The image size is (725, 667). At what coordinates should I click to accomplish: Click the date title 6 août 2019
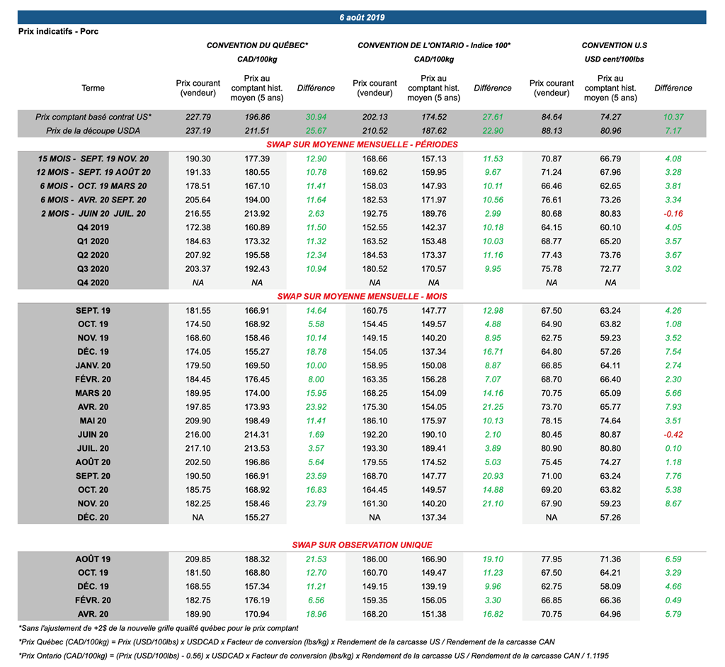(x=362, y=17)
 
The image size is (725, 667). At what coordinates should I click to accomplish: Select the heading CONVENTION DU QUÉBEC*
(x=257, y=45)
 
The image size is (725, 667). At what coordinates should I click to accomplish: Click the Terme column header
(x=93, y=89)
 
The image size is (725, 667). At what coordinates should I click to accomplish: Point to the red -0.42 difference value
(x=673, y=435)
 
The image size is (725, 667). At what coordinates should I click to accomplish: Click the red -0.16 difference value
(x=673, y=214)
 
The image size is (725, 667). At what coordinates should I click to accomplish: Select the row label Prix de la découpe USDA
(x=93, y=131)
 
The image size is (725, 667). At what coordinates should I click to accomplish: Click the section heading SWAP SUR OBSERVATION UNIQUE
(x=362, y=545)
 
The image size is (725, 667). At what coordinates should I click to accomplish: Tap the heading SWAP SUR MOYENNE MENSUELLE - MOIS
(x=362, y=297)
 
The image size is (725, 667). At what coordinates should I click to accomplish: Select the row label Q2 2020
(x=93, y=255)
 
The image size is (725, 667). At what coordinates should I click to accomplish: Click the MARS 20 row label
(x=93, y=393)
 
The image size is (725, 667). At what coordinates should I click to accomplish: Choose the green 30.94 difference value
(x=316, y=117)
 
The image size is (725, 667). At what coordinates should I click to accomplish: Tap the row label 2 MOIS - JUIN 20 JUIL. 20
(x=93, y=214)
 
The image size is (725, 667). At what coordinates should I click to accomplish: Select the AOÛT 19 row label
(x=93, y=559)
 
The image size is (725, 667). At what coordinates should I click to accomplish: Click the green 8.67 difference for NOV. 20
(x=673, y=503)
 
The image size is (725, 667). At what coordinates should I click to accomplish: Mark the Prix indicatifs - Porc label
(x=58, y=32)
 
